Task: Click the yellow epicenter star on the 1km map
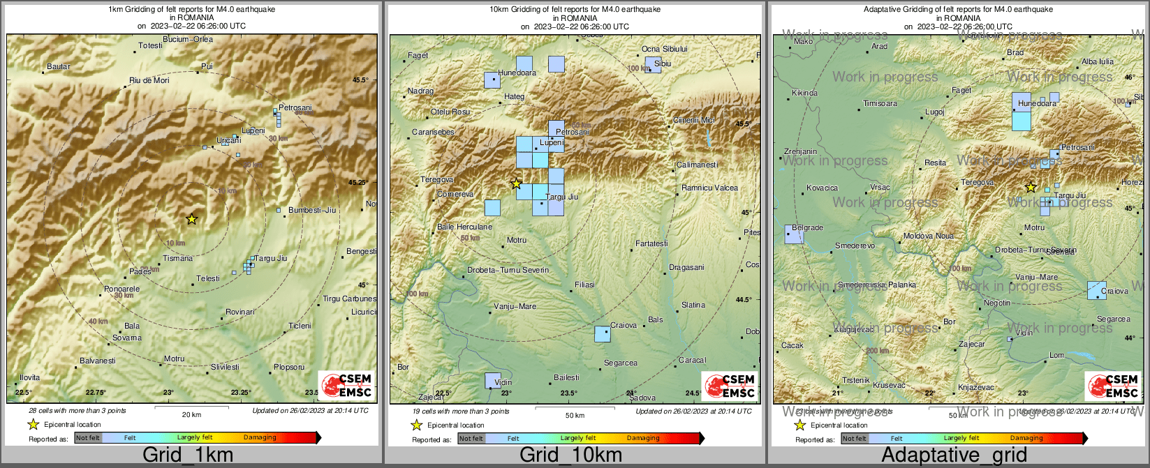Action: (192, 219)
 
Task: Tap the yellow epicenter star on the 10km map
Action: (516, 184)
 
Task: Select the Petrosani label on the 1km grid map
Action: (295, 108)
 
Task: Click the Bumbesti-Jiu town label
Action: (312, 210)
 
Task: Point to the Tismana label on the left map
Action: (177, 259)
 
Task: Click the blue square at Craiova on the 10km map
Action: (602, 333)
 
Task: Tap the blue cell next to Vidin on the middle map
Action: (492, 380)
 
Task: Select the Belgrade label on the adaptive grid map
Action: (808, 228)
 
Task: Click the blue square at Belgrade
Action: (794, 235)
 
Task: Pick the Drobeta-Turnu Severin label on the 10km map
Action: (508, 271)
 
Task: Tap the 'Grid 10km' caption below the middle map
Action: (570, 455)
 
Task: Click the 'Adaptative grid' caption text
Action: (954, 455)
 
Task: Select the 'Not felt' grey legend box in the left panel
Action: (88, 438)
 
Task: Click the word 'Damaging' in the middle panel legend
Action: (643, 438)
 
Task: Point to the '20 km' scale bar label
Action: (191, 415)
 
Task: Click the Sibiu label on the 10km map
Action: (663, 64)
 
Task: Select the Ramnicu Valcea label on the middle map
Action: (709, 188)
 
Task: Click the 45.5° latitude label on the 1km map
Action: (360, 80)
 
